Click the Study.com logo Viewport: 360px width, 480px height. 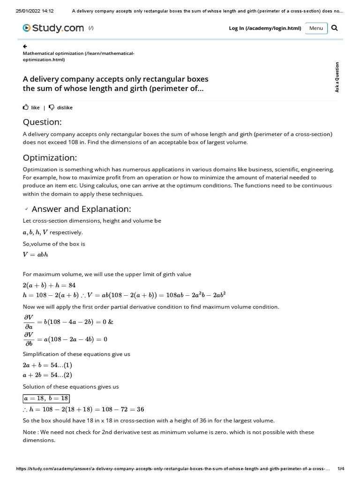click(54, 28)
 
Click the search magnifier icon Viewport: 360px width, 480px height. click(334, 28)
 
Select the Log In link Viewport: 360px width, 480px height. click(265, 28)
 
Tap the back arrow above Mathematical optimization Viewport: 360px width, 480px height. click(25, 46)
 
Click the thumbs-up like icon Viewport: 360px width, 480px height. click(26, 107)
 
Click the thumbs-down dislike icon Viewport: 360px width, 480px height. click(52, 107)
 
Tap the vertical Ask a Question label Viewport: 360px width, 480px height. click(337, 77)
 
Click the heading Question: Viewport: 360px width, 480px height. click(42, 122)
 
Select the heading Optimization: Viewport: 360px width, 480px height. click(50, 157)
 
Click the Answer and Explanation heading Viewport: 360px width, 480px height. click(81, 209)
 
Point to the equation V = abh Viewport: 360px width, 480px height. click(35, 255)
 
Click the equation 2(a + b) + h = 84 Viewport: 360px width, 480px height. click(49, 285)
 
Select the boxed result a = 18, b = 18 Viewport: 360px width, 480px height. click(46, 398)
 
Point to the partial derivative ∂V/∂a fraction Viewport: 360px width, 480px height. click(29, 322)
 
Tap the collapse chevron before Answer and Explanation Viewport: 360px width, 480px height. click(26, 209)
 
